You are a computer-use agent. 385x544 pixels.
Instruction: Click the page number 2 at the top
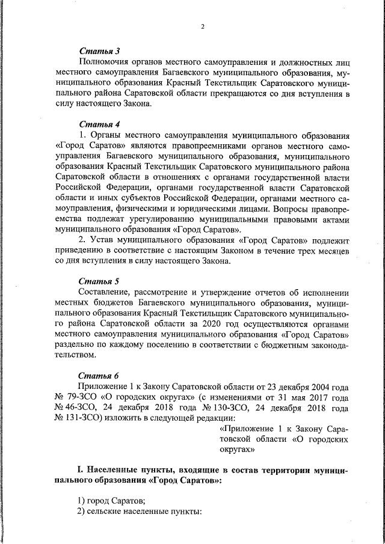click(203, 26)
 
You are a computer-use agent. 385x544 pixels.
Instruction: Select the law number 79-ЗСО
click(82, 397)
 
